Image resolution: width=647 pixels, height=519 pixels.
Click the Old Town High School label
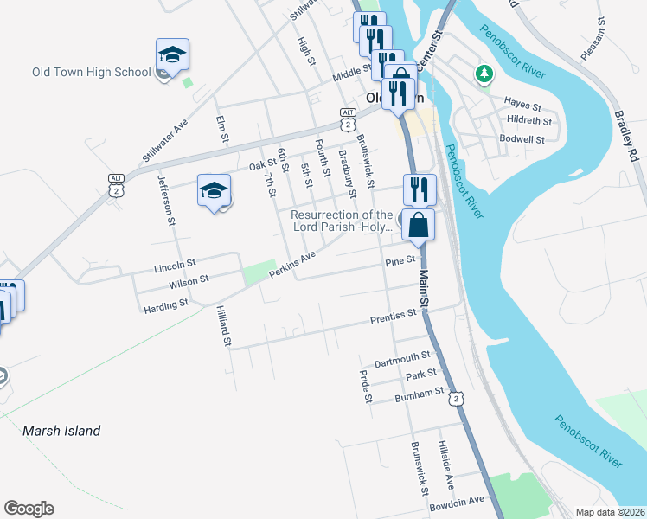pyautogui.click(x=91, y=72)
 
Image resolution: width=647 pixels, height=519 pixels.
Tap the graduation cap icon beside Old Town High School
pyautogui.click(x=172, y=55)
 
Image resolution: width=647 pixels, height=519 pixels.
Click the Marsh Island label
pyautogui.click(x=61, y=430)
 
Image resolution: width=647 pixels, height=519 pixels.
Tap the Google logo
pyautogui.click(x=29, y=509)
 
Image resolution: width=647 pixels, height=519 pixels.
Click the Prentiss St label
pyautogui.click(x=394, y=317)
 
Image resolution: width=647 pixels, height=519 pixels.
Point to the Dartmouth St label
pyautogui.click(x=402, y=356)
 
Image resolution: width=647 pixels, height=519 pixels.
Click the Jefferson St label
pyautogui.click(x=167, y=202)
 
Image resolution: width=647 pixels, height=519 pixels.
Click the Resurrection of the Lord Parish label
pyautogui.click(x=343, y=221)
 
